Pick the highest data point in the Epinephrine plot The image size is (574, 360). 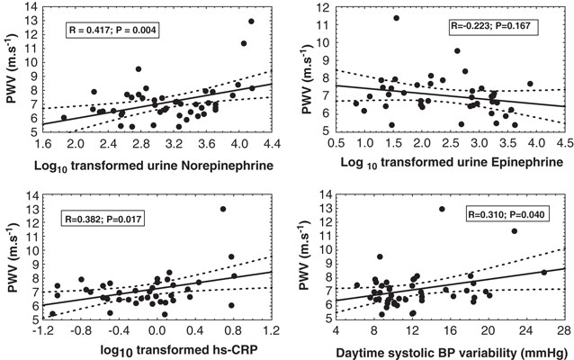396,18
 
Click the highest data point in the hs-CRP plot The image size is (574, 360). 222,210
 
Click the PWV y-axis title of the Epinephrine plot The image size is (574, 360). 302,70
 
